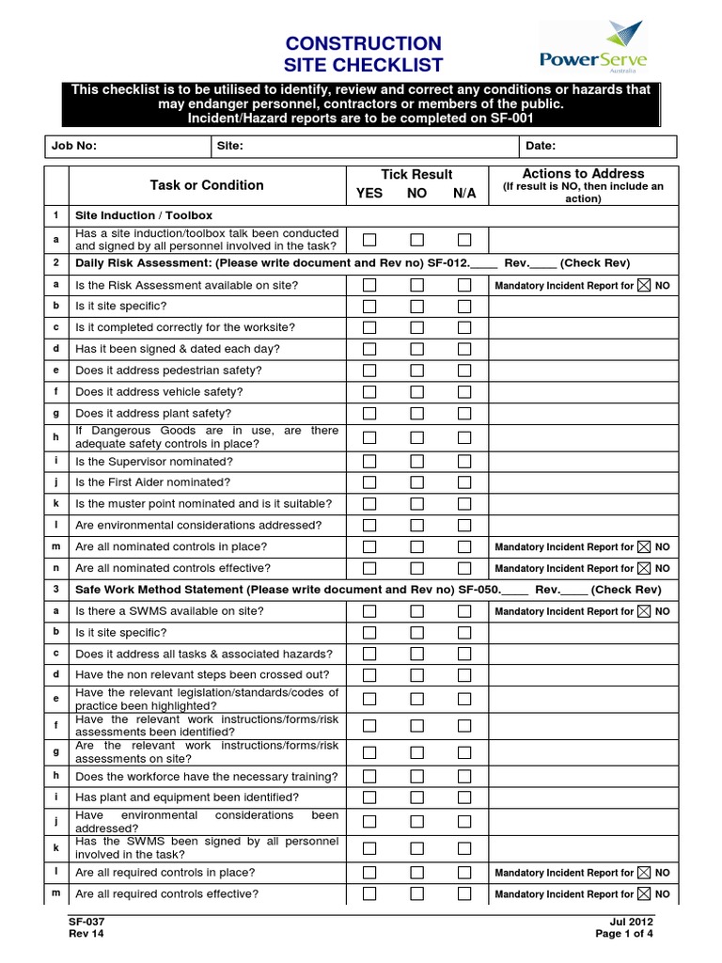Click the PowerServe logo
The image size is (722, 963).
click(x=593, y=49)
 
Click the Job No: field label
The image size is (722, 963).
click(x=74, y=146)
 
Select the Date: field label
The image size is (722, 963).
click(x=541, y=146)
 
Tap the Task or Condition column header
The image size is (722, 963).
click(x=207, y=185)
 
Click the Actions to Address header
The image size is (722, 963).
click(x=583, y=174)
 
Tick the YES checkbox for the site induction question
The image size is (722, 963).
click(x=369, y=240)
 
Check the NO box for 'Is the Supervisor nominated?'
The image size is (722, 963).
click(x=416, y=461)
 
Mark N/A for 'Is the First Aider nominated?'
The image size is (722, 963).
click(x=464, y=482)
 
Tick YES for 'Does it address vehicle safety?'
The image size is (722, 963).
click(x=369, y=391)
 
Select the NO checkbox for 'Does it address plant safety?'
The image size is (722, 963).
click(x=416, y=413)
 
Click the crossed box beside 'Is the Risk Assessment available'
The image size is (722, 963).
click(x=643, y=285)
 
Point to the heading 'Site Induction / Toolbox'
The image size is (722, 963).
click(x=144, y=215)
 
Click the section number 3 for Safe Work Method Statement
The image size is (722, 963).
click(x=56, y=590)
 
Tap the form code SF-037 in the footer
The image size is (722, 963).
click(x=85, y=922)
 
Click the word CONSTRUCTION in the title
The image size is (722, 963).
click(x=362, y=44)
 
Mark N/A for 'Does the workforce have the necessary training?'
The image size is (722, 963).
click(x=464, y=776)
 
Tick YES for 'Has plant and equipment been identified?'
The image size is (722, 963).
click(x=369, y=797)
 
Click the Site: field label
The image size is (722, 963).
click(x=230, y=146)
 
